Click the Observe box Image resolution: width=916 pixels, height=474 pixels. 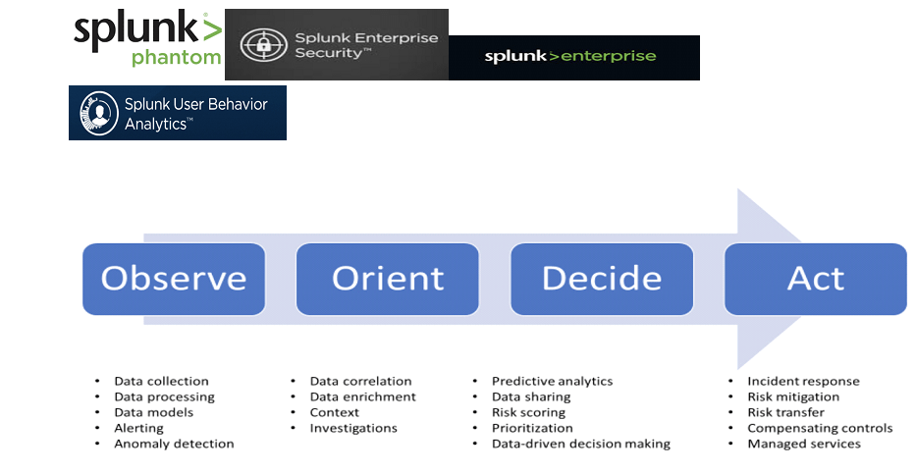click(x=174, y=279)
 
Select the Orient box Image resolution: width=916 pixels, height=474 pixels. click(x=388, y=279)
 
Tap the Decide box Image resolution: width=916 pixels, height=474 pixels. click(x=602, y=279)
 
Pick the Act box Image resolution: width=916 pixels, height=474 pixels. click(x=816, y=279)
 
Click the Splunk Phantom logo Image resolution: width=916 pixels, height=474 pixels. click(x=147, y=38)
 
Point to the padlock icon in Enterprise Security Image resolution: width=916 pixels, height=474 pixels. click(x=264, y=44)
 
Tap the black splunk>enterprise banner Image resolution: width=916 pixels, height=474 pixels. click(x=573, y=57)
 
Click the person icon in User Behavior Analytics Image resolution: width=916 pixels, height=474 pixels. click(x=99, y=113)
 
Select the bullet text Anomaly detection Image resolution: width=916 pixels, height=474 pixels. click(x=174, y=444)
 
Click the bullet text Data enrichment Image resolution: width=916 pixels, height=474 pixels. click(x=363, y=396)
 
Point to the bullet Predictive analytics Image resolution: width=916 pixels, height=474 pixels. click(x=552, y=381)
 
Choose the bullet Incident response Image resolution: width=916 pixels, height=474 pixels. click(x=803, y=381)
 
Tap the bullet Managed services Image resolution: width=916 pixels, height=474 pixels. click(x=804, y=444)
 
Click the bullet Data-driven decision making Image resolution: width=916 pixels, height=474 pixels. click(x=580, y=444)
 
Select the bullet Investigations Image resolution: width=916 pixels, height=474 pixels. click(x=353, y=428)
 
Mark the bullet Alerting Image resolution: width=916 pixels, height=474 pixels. click(x=139, y=428)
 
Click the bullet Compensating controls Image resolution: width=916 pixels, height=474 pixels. click(x=820, y=428)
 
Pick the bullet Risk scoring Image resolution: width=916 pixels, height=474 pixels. click(x=528, y=413)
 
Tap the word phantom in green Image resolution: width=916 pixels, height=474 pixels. click(x=177, y=58)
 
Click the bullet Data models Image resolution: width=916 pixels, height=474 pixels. click(x=153, y=412)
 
